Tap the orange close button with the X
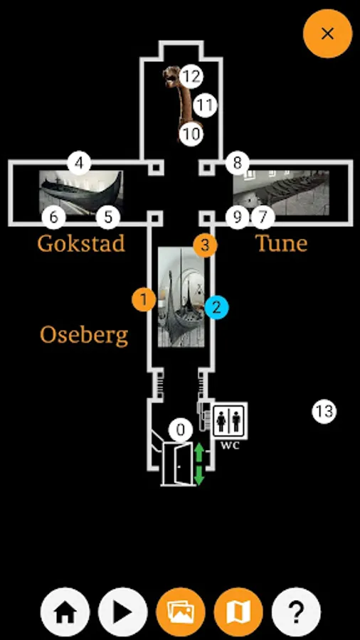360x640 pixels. (327, 33)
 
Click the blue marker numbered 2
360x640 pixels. (217, 307)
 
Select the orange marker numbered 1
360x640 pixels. (144, 300)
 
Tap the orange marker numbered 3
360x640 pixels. (205, 245)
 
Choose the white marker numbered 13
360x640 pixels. (324, 412)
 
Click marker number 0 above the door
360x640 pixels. (181, 430)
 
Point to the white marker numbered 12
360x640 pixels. (191, 76)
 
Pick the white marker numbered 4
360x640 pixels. (79, 163)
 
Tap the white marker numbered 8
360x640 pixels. (237, 163)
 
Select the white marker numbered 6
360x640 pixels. (54, 217)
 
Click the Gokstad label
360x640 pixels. (81, 244)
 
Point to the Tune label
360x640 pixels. (281, 244)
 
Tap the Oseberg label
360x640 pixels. (84, 336)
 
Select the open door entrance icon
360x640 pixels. (178, 464)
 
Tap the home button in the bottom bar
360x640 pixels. (65, 612)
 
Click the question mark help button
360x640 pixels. (297, 612)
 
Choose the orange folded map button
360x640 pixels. (238, 612)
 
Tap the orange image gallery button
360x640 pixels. (181, 612)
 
